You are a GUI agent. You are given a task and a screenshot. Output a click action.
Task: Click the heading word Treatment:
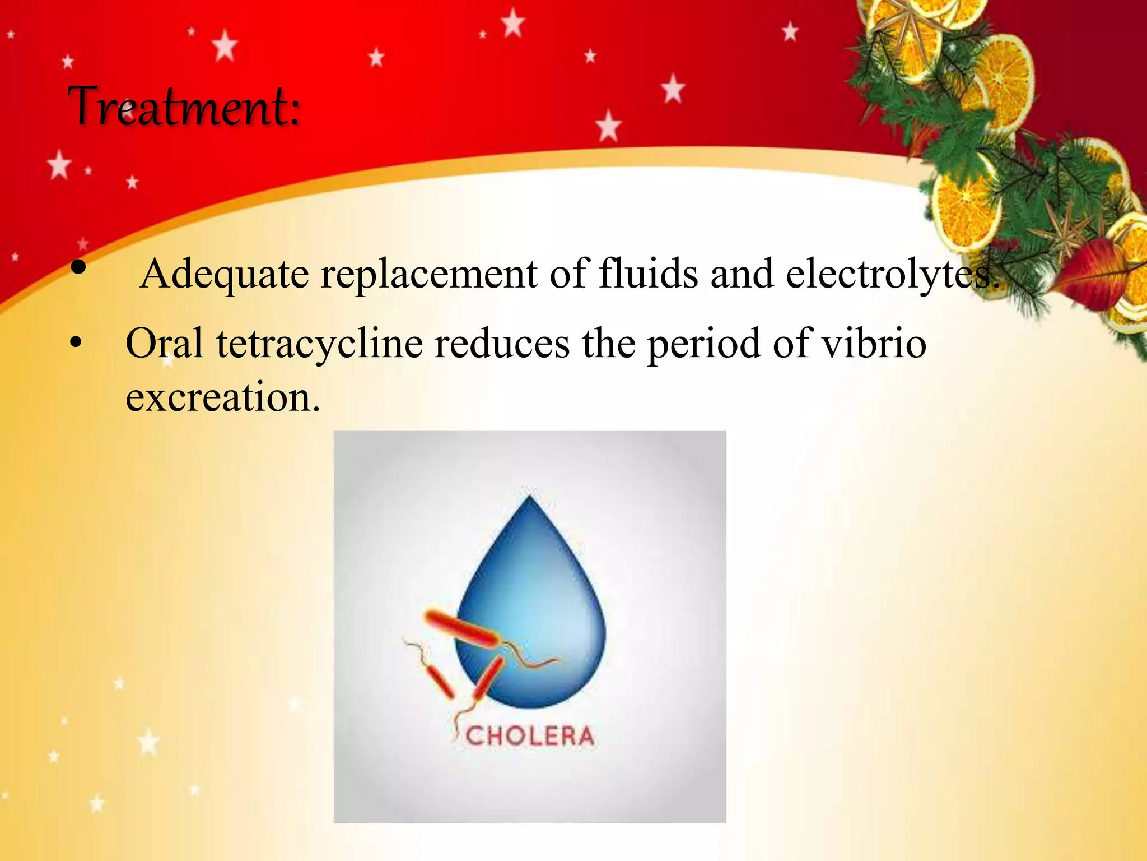point(184,107)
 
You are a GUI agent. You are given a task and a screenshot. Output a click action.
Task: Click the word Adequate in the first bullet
point(224,275)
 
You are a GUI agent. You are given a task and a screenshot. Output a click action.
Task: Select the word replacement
point(428,275)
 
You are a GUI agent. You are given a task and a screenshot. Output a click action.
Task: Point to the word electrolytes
point(890,275)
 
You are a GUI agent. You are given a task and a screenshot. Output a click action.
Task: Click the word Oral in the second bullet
point(164,343)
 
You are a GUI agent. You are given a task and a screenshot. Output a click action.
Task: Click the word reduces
point(502,343)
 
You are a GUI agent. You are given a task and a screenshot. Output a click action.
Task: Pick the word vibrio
point(873,343)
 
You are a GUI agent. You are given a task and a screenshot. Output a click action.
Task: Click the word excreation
point(222,397)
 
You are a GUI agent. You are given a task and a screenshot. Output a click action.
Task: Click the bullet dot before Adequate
point(79,268)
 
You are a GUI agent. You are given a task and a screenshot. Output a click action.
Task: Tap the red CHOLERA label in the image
point(529,736)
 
